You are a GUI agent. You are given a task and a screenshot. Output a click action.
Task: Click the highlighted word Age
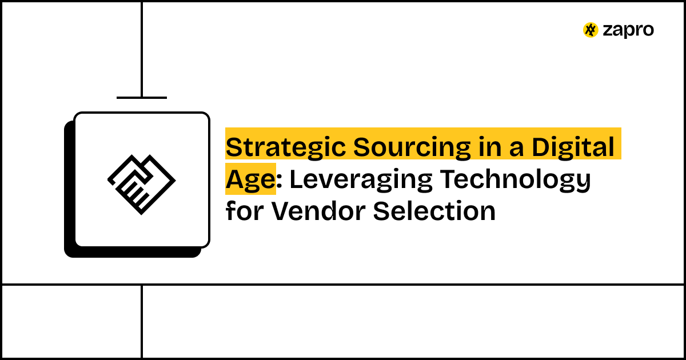tap(250, 180)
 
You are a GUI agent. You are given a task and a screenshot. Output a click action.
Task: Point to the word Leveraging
tap(360, 180)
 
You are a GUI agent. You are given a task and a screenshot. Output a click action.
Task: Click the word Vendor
tap(318, 211)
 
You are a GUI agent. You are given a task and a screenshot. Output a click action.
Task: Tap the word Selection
tap(434, 211)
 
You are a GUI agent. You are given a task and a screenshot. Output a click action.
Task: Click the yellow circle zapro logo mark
tap(591, 30)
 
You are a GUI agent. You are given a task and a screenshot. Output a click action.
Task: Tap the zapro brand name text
tap(628, 31)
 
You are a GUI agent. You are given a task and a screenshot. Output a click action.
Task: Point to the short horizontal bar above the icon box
tap(142, 98)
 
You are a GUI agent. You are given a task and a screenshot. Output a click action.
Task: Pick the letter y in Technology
tap(583, 183)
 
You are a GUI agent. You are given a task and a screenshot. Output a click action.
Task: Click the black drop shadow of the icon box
tap(69, 229)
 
